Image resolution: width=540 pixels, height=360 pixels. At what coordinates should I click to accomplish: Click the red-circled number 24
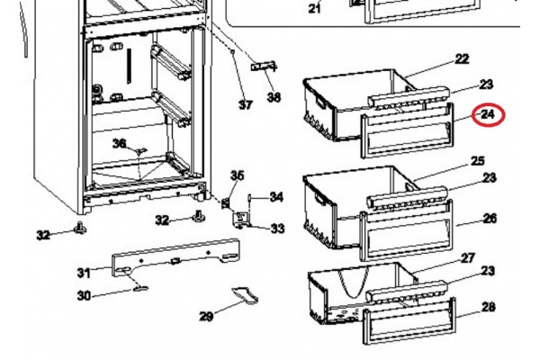coord(488,114)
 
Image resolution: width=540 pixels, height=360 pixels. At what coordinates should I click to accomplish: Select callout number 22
coord(462,58)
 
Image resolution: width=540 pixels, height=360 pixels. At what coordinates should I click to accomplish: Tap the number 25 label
coord(477,160)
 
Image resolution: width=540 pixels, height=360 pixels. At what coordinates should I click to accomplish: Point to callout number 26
coord(490,218)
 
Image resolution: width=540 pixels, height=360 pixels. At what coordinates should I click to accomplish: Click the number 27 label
coord(468,257)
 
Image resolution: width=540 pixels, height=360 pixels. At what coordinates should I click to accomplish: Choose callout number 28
coord(489,307)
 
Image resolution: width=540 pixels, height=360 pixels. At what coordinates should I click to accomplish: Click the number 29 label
coord(206,316)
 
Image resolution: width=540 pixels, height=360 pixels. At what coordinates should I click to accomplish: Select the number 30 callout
coord(84,295)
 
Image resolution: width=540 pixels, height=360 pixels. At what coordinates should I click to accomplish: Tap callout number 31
coord(84,273)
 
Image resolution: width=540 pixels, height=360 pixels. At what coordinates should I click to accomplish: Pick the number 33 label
coord(277,228)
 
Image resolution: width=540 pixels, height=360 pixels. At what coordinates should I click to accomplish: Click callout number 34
coord(276,197)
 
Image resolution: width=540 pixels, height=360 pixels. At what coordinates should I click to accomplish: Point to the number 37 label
coord(246,104)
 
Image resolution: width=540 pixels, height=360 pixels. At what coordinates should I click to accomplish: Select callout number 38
coord(274,97)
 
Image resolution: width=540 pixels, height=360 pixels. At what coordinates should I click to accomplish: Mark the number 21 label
coord(314,8)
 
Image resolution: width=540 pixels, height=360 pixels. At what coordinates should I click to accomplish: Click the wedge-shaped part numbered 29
coord(245,295)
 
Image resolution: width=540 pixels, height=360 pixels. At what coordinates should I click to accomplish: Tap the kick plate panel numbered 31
coord(175,257)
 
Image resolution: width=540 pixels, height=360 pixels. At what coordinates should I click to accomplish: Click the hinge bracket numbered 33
coord(240,220)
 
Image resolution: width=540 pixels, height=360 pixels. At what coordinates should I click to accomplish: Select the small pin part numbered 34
coord(250,199)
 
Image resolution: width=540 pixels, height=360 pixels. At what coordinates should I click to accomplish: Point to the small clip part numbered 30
coord(140,289)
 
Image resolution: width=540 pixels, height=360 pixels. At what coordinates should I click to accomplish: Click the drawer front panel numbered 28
coord(409,321)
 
